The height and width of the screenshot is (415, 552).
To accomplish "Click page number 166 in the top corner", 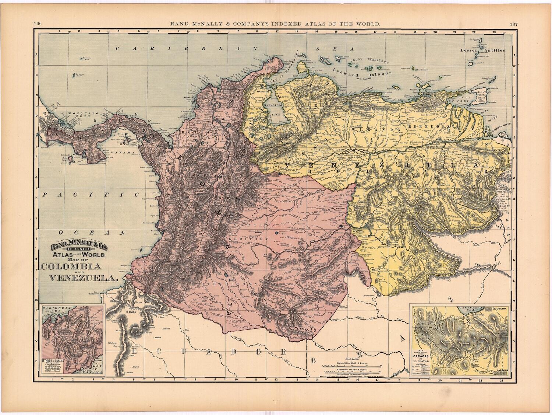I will click(37, 24).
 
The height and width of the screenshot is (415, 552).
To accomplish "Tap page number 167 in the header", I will click(514, 24).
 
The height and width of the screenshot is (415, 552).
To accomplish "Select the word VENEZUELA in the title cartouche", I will click(79, 279).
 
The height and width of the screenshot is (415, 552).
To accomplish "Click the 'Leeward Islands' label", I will click(350, 71).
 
